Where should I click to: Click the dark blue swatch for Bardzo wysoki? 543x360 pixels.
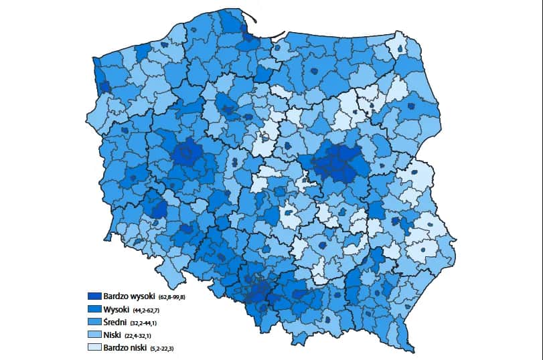[x=94, y=296]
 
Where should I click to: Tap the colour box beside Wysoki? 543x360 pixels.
[x=94, y=309]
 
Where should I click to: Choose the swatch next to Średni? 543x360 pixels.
[x=94, y=322]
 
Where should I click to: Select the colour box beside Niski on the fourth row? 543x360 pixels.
[x=94, y=335]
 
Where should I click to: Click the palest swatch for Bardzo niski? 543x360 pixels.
[x=94, y=347]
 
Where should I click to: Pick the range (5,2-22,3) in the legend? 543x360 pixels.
[x=165, y=348]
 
